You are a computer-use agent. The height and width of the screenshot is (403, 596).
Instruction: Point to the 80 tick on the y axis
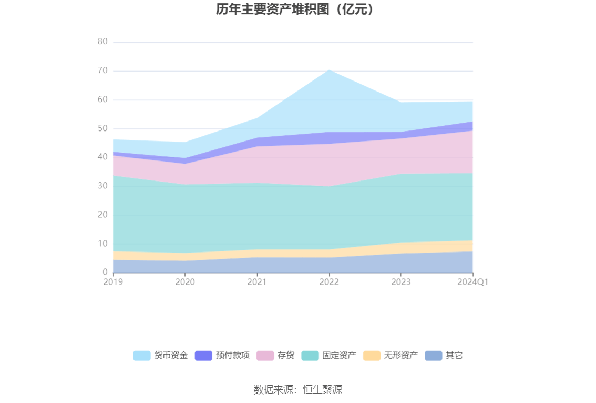[x=102, y=42]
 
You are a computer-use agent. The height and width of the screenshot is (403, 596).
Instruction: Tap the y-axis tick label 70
[x=102, y=70]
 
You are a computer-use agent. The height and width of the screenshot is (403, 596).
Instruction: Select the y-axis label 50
[x=102, y=128]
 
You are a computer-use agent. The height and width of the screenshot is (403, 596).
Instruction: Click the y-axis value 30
[x=102, y=186]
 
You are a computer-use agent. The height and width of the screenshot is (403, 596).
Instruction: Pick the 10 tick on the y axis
[x=102, y=244]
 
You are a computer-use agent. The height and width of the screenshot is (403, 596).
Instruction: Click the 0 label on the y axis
[x=105, y=272]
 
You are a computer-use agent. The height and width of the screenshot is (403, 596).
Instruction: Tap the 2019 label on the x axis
[x=113, y=282]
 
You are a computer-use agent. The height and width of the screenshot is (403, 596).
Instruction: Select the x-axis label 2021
[x=257, y=282]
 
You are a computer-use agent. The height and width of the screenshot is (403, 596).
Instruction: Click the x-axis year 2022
[x=329, y=282]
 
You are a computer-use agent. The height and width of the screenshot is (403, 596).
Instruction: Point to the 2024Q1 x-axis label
[x=472, y=282]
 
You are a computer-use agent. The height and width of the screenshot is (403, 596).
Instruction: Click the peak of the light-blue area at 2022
[x=329, y=70]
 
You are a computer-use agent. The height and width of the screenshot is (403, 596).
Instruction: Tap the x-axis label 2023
[x=401, y=282]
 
